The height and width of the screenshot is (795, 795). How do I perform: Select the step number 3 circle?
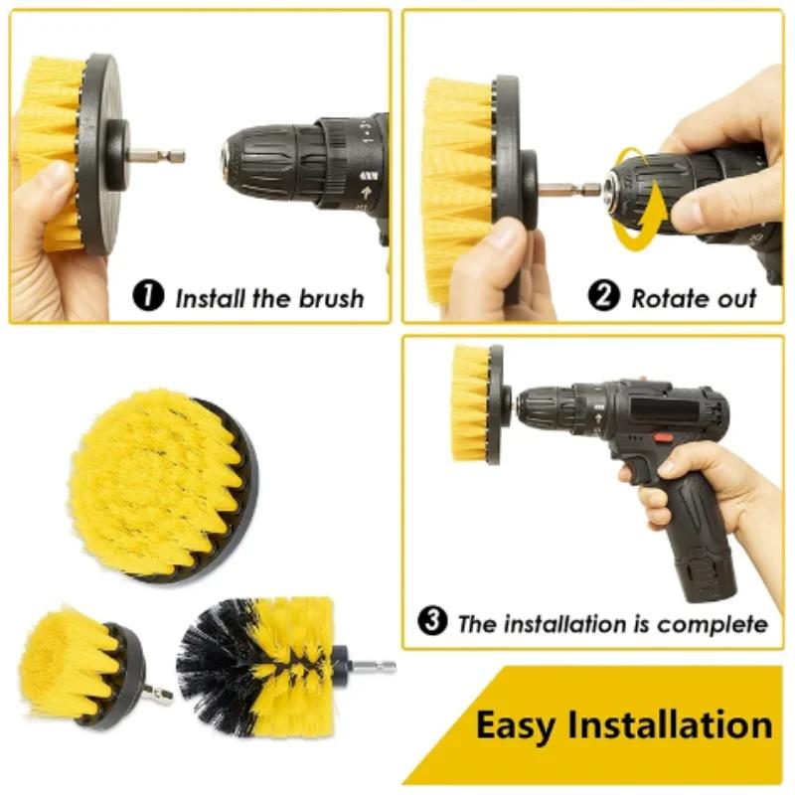pos(432,623)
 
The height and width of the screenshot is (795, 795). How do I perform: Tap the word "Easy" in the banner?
pos(513,724)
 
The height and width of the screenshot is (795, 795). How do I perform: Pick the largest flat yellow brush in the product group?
pos(159,482)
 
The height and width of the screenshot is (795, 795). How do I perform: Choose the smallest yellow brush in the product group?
pos(79,664)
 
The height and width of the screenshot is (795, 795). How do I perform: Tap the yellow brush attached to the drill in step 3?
pos(470,402)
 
